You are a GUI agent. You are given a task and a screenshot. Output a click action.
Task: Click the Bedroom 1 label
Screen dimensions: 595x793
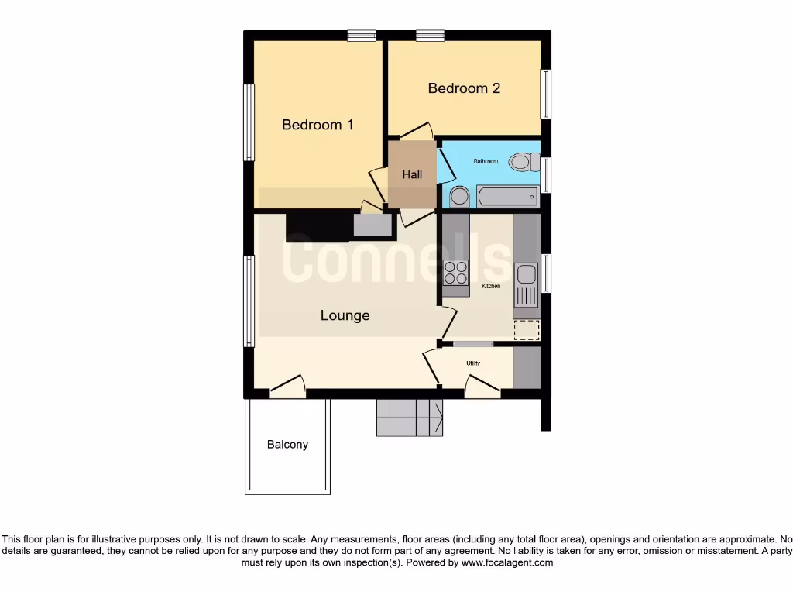(318, 125)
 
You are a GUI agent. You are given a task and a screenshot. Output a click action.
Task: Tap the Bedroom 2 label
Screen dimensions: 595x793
(464, 88)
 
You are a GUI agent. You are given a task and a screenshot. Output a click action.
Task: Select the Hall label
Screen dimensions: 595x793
(412, 175)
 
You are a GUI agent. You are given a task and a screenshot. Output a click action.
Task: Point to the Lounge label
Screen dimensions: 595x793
(345, 315)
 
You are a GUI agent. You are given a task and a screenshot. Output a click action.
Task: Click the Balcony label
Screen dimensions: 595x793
(287, 445)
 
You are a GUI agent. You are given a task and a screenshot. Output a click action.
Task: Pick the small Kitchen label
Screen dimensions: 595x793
(491, 287)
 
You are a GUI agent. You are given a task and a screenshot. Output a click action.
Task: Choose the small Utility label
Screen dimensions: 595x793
(473, 363)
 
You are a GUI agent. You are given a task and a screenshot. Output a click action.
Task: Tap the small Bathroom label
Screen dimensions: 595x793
(486, 161)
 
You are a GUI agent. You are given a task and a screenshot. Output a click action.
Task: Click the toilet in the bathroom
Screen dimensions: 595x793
(524, 162)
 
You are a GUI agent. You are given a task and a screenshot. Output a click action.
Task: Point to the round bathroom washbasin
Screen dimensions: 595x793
(459, 197)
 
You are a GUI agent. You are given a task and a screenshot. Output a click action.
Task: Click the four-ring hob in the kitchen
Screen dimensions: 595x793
(456, 273)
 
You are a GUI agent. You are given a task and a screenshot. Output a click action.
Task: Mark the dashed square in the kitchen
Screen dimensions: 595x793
(527, 330)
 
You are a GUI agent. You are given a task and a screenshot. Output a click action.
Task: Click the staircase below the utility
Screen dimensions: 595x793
(409, 418)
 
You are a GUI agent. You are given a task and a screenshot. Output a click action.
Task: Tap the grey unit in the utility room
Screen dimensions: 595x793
(527, 368)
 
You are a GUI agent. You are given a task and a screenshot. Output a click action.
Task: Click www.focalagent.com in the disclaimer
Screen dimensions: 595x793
(507, 562)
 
